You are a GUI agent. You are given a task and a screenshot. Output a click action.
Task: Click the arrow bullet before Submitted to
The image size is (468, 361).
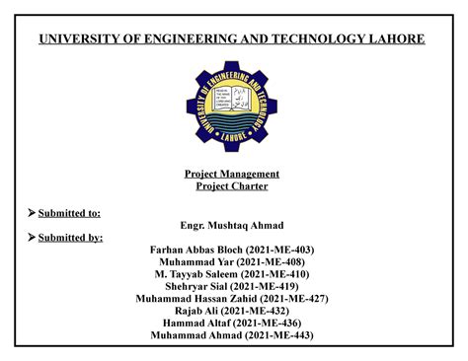click(x=31, y=212)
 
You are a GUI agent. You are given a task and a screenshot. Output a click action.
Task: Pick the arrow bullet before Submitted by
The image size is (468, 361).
click(x=31, y=237)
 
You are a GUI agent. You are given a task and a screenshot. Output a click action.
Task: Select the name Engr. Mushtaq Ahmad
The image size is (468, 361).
click(x=233, y=225)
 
